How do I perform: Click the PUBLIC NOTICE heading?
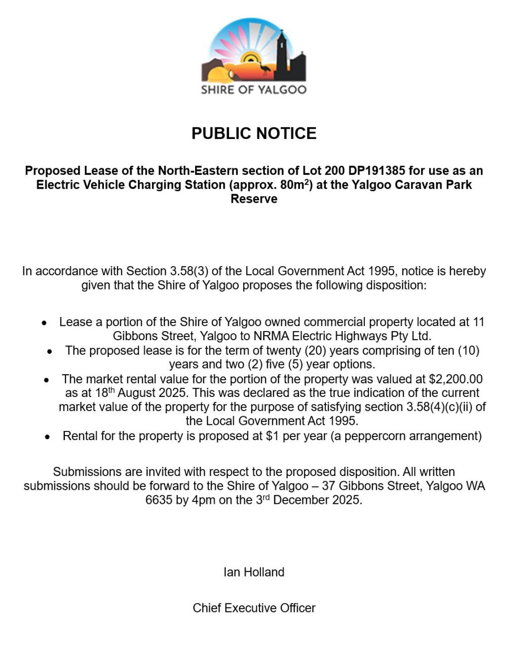[x=253, y=133]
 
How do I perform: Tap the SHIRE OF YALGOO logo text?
[x=253, y=90]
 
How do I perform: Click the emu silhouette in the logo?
[x=266, y=68]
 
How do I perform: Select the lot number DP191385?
[x=377, y=170]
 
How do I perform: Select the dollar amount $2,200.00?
[x=456, y=379]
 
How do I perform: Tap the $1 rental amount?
[x=272, y=436]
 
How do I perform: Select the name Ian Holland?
[x=253, y=572]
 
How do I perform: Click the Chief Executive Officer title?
[x=253, y=608]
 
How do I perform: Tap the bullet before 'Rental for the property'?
[x=47, y=437]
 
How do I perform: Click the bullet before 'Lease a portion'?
[x=45, y=322]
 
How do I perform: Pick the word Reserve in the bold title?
[x=253, y=199]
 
